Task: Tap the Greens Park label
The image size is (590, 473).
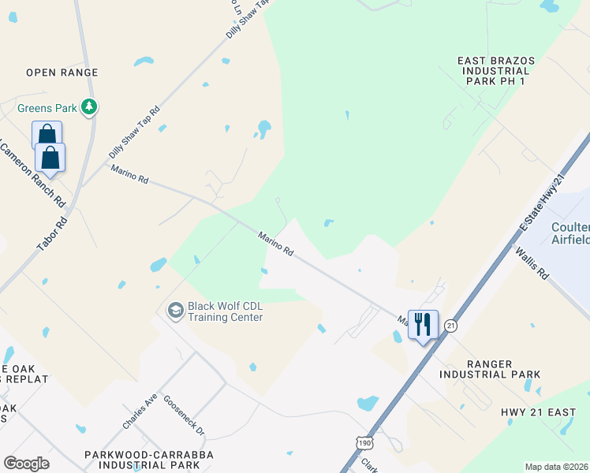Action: coord(48,107)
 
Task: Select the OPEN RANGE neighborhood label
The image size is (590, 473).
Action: coord(62,73)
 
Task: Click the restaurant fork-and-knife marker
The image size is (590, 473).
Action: coord(422,323)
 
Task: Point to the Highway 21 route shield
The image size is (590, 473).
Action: coord(450,325)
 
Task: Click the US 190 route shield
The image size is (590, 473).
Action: coord(362,444)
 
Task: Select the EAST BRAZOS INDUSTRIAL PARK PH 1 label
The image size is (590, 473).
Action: coord(496,70)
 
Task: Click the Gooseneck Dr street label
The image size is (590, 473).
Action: coord(183,416)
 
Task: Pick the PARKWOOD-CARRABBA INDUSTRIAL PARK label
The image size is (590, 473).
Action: coord(160,462)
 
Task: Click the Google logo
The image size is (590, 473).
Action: coord(26,463)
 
